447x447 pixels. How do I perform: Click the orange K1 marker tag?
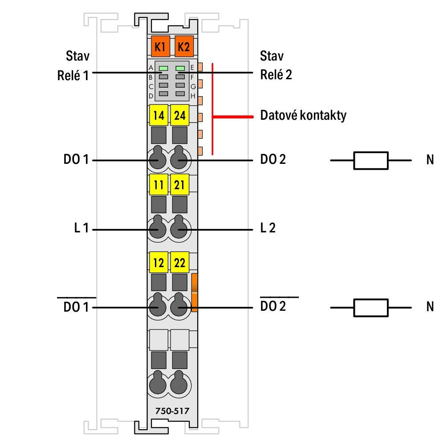160,46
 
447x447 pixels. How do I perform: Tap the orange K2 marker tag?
184,46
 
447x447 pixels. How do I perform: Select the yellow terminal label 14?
158,115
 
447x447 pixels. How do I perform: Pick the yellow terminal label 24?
179,115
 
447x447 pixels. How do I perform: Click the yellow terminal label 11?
158,184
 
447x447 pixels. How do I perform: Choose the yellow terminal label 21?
179,184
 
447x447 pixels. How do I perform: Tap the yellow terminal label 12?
158,262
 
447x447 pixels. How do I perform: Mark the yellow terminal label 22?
179,262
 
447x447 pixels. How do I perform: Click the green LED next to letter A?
163,68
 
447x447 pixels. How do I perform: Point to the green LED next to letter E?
180,68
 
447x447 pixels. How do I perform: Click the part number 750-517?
172,411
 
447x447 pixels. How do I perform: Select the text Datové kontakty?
303,115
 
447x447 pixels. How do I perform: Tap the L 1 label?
81,228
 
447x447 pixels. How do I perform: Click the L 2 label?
268,228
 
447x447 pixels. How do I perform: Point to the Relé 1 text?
73,75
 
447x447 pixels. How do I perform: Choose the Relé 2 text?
276,74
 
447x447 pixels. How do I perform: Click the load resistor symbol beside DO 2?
370,160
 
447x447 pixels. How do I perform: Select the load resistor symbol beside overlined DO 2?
370,308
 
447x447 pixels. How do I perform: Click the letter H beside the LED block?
193,96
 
